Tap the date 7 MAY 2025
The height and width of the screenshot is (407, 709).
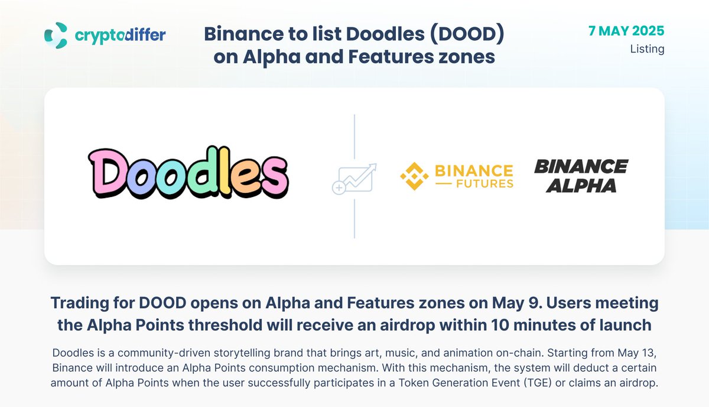click(626, 31)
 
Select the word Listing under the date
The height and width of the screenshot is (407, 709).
click(648, 49)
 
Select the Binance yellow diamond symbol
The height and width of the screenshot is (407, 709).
click(414, 176)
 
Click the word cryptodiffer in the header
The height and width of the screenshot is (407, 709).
click(121, 35)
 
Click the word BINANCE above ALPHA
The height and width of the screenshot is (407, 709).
click(581, 166)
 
